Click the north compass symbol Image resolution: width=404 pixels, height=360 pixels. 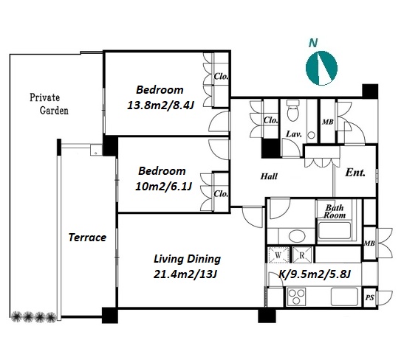point(321,68)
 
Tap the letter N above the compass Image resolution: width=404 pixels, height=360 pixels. point(313,43)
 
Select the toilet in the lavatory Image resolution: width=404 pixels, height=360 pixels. point(293,110)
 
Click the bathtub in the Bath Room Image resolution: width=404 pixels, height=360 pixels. point(334,231)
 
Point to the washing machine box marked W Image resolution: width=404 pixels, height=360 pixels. point(278,255)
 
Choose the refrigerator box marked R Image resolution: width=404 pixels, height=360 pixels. point(302,255)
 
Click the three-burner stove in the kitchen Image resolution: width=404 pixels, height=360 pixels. point(296,297)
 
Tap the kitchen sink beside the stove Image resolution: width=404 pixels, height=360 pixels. point(344,297)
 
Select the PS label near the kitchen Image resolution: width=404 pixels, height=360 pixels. point(370,297)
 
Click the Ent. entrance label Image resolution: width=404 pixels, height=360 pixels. point(355,173)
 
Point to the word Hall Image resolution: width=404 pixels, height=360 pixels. point(269,176)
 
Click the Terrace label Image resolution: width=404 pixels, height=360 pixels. point(87,238)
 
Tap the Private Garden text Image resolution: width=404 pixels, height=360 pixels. point(49,104)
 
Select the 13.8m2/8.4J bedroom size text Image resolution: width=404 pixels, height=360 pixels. point(160,105)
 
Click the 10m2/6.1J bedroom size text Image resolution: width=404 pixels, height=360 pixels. point(163,187)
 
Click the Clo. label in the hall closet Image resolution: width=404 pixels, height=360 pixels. point(270,120)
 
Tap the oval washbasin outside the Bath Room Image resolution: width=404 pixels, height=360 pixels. point(297,235)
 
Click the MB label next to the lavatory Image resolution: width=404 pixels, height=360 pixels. point(327,122)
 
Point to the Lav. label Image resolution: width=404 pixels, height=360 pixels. point(294,134)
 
